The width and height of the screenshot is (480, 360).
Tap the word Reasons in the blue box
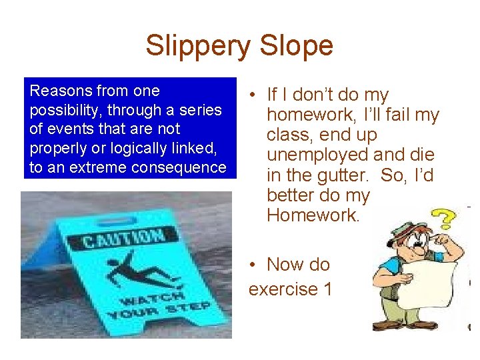[61, 90]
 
